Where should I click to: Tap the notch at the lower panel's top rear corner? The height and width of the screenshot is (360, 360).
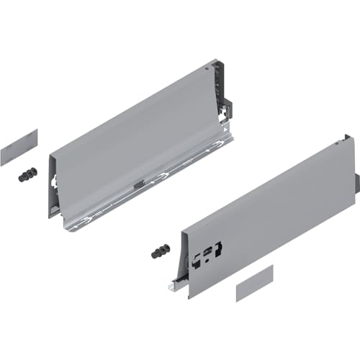[x=348, y=136]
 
